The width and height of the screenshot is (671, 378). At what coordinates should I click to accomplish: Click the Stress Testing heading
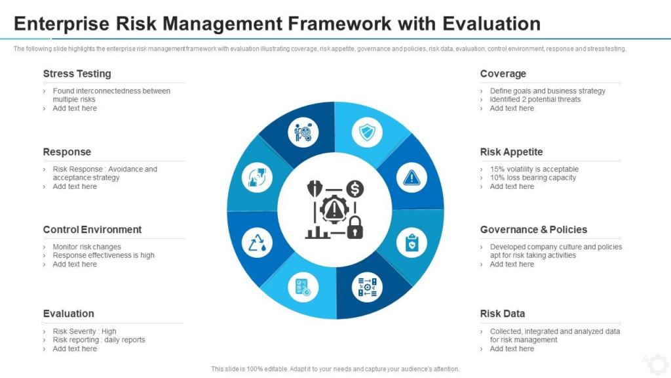pyautogui.click(x=77, y=73)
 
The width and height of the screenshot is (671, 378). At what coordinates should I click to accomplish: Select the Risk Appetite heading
pyautogui.click(x=511, y=152)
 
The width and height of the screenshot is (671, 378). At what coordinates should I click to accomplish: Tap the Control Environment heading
pyautogui.click(x=92, y=230)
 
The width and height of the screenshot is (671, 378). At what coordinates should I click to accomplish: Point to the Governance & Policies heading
pyautogui.click(x=533, y=230)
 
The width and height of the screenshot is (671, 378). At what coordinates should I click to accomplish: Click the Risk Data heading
pyautogui.click(x=502, y=314)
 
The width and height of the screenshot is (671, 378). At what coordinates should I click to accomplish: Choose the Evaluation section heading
pyautogui.click(x=68, y=314)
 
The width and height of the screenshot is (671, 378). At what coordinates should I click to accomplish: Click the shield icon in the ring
pyautogui.click(x=367, y=133)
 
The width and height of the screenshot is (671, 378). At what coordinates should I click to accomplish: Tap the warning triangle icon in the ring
pyautogui.click(x=412, y=177)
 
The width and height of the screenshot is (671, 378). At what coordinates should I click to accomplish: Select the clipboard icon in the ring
pyautogui.click(x=412, y=243)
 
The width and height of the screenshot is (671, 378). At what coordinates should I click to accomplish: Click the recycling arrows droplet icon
pyautogui.click(x=258, y=243)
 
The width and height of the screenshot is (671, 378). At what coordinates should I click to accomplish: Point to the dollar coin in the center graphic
pyautogui.click(x=355, y=190)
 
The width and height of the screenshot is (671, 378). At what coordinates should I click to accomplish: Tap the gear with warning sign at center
pyautogui.click(x=335, y=209)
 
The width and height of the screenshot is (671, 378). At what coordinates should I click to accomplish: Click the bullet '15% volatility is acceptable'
pyautogui.click(x=534, y=169)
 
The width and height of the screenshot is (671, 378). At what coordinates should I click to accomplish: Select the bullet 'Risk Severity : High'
pyautogui.click(x=85, y=331)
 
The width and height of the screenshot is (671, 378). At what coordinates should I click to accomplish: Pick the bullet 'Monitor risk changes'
pyautogui.click(x=86, y=247)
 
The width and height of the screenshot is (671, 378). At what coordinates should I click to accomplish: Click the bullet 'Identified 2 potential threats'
pyautogui.click(x=535, y=100)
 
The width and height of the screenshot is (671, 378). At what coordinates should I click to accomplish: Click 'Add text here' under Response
pyautogui.click(x=75, y=186)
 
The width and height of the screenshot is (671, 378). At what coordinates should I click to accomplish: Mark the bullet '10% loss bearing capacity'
pyautogui.click(x=533, y=178)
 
